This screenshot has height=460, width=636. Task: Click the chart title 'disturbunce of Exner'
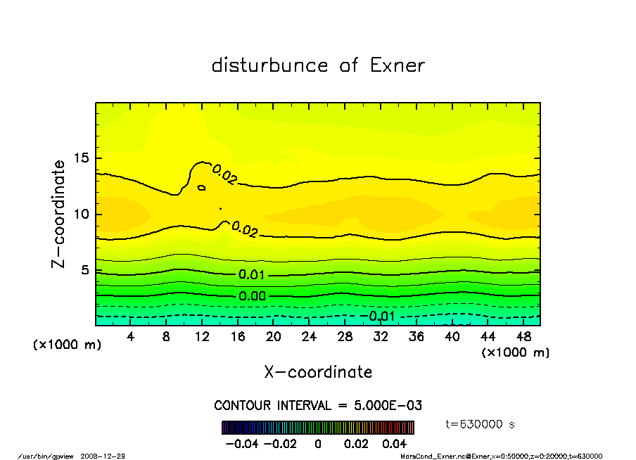[318, 65]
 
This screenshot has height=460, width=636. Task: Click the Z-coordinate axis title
[58, 214]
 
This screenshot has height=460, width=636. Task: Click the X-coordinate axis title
[318, 372]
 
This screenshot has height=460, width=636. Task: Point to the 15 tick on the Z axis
[82, 158]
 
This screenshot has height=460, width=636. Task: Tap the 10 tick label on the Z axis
[82, 214]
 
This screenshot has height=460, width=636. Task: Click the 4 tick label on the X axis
[131, 337]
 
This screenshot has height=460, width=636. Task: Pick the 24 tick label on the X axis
[310, 337]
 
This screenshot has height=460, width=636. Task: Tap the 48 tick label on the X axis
[523, 337]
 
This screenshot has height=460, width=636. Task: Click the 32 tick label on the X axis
[381, 337]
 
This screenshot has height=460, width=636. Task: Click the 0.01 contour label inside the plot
[252, 274]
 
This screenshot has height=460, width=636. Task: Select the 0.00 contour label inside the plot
[252, 296]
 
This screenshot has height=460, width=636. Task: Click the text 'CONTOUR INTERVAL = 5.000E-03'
[318, 406]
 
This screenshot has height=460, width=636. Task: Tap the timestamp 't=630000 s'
[481, 424]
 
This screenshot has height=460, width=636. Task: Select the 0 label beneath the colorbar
[318, 444]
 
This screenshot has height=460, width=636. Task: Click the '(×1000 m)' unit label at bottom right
[516, 352]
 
